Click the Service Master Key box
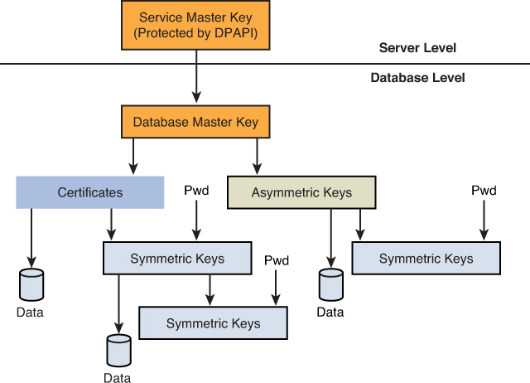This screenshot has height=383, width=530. click(x=196, y=25)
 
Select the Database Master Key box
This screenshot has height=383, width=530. click(x=196, y=122)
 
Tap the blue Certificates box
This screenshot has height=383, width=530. click(x=89, y=192)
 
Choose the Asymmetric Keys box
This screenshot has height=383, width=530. click(x=301, y=192)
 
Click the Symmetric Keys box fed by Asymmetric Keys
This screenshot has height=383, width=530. click(x=426, y=258)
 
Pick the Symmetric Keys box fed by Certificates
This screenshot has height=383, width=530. click(x=176, y=258)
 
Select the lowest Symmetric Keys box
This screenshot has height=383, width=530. click(x=213, y=322)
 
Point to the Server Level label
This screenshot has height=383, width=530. click(x=417, y=48)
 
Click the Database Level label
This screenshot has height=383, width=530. click(x=417, y=78)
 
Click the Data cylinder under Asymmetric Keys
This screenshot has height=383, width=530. click(x=331, y=284)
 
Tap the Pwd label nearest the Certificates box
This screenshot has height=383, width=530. click(x=196, y=191)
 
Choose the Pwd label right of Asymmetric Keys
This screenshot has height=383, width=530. click(x=484, y=191)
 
